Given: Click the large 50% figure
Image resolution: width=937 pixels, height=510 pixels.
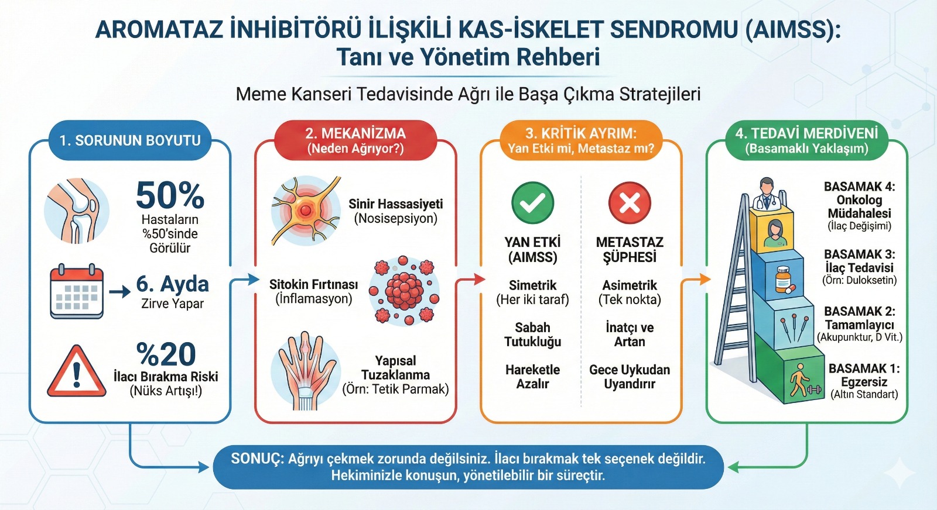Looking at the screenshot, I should (x=170, y=195).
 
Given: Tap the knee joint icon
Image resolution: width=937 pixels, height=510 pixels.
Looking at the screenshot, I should (x=77, y=211).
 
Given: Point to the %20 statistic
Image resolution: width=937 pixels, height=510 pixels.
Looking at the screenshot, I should (x=166, y=354).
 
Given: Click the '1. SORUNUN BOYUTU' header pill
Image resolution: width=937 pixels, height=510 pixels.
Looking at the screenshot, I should (x=130, y=140).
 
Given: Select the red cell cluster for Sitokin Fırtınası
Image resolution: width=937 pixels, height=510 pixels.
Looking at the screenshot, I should (x=404, y=291).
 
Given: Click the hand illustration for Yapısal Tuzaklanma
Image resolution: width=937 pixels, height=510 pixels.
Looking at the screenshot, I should (x=305, y=371).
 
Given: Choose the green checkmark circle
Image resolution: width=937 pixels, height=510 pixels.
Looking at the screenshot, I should (x=532, y=203).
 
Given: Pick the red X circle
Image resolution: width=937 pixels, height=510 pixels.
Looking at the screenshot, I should (x=630, y=203).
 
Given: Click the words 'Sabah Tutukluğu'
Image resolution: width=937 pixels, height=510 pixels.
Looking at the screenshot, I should (x=532, y=335).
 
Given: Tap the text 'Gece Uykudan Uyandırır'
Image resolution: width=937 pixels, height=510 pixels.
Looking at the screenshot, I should (x=630, y=377).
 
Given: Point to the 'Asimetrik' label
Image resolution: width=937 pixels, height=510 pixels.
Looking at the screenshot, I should (x=630, y=285).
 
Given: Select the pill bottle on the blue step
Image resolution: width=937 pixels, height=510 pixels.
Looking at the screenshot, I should (x=783, y=279).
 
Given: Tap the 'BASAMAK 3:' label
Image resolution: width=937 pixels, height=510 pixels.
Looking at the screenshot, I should (x=859, y=254).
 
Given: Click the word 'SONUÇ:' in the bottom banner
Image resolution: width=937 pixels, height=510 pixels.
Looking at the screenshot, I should (x=257, y=459).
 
